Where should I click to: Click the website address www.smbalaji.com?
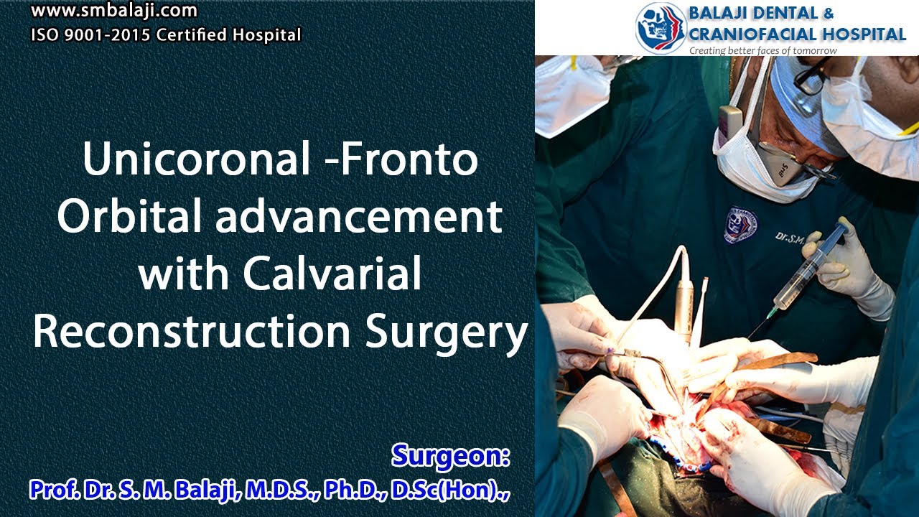114,11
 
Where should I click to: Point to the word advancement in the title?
359,216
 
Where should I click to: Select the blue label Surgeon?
451,455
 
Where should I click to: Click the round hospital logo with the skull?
660,27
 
